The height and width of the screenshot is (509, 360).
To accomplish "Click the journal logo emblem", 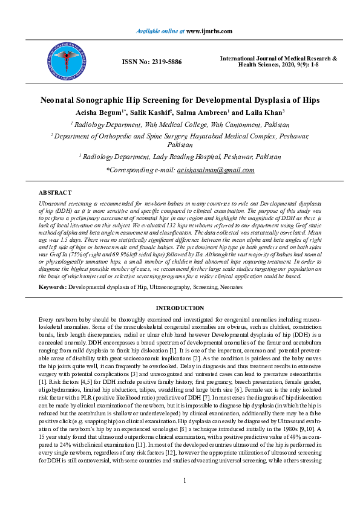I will click(x=62, y=60).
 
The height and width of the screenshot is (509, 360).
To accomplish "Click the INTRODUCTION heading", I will click(x=180, y=308).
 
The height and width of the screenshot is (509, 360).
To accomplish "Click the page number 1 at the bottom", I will click(x=184, y=480).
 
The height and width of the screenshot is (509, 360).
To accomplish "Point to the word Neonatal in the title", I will click(x=62, y=100).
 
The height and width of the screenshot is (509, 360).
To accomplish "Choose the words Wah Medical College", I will click(x=170, y=125).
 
